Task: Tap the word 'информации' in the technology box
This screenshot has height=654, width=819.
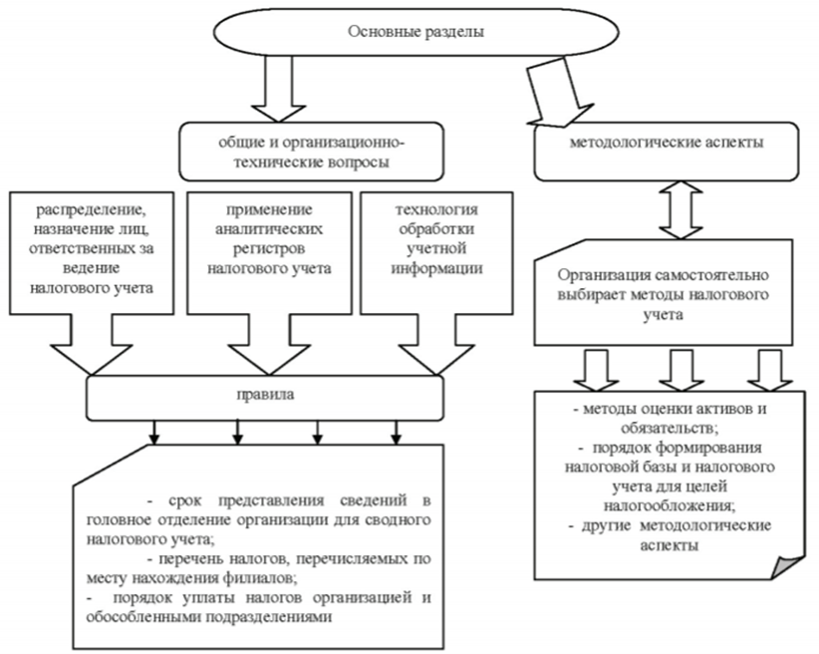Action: tap(423, 268)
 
